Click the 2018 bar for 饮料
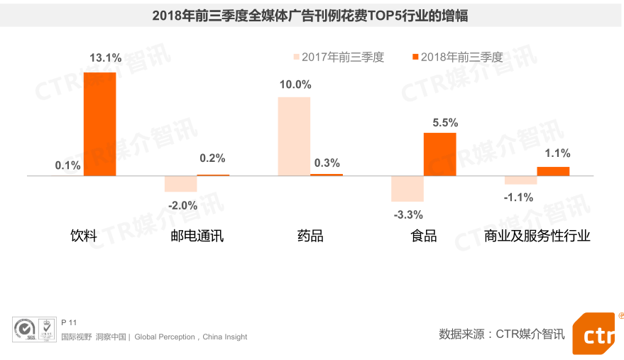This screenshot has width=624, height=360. click(x=99, y=124)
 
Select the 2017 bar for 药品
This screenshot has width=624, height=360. click(x=294, y=136)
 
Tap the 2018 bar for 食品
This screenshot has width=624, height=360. click(x=439, y=153)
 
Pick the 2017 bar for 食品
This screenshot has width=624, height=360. click(x=407, y=188)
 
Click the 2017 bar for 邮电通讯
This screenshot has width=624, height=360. click(x=180, y=183)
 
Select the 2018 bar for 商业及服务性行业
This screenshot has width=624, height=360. click(x=553, y=170)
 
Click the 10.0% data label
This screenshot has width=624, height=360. click(x=295, y=84)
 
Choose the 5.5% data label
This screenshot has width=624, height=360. click(x=445, y=122)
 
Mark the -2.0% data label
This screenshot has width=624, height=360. click(x=182, y=205)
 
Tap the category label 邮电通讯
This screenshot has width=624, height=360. click(x=197, y=236)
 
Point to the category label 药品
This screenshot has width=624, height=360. click(x=310, y=236)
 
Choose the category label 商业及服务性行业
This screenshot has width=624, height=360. click(x=537, y=236)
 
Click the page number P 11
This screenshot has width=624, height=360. click(x=69, y=322)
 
